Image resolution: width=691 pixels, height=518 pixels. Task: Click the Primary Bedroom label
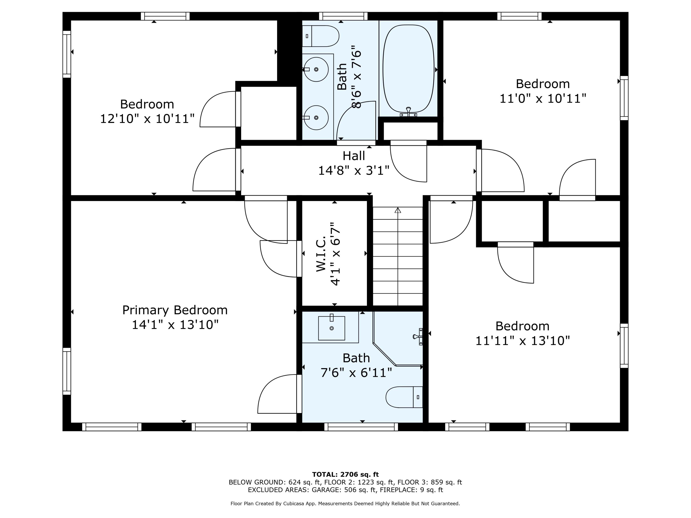click(175, 310)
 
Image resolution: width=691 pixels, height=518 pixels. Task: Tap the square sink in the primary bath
click(331, 328)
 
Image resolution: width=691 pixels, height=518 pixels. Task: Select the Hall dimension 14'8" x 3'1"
click(354, 171)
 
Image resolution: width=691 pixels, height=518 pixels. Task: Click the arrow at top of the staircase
click(397, 210)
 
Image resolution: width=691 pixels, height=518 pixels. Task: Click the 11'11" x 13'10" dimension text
click(522, 341)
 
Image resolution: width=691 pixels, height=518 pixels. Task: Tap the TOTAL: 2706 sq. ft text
click(345, 474)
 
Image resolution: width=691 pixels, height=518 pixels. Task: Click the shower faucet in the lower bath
click(418, 336)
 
